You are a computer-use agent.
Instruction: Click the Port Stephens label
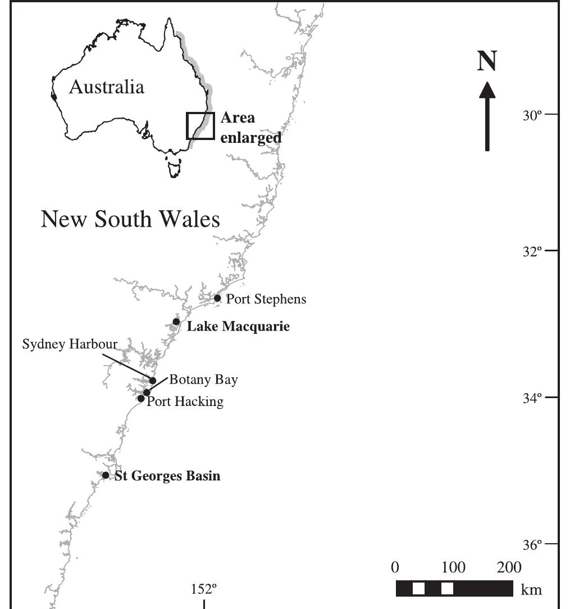266,299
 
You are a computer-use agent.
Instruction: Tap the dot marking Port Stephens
217,298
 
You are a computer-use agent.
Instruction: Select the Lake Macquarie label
238,326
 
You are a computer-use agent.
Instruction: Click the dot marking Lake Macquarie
176,322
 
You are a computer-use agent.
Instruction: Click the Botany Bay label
204,380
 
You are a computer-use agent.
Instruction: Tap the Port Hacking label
185,402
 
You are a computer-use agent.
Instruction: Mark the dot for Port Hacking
141,399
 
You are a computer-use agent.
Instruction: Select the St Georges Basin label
167,476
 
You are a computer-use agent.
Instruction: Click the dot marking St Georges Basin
106,475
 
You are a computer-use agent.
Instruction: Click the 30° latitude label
532,115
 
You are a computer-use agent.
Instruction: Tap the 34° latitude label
532,398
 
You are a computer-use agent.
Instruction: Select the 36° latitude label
532,545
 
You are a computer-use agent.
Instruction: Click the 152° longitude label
204,589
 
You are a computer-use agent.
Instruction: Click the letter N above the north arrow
487,62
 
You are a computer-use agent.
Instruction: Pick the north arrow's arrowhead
487,90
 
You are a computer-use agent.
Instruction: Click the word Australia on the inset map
106,87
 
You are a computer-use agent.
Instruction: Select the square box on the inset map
200,126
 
